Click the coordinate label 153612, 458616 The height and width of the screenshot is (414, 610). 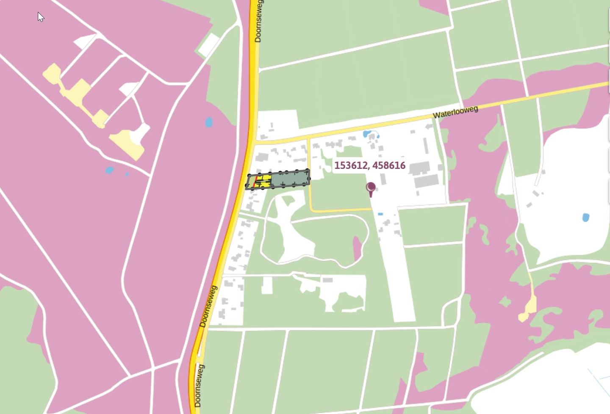click(x=369, y=166)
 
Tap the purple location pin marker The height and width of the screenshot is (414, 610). click(x=371, y=188)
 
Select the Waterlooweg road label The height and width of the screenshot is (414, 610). click(x=455, y=112)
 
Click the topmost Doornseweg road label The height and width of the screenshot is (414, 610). click(x=258, y=21)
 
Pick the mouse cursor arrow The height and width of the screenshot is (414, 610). click(x=40, y=17)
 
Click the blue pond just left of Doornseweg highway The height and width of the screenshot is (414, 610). click(x=208, y=123)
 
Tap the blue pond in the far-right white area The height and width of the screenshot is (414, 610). click(x=585, y=218)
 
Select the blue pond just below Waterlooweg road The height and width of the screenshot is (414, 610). click(x=367, y=134)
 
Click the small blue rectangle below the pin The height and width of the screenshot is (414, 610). click(x=380, y=214)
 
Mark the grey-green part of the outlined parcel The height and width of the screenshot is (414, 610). click(x=290, y=179)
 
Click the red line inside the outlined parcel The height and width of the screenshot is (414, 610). click(x=256, y=182)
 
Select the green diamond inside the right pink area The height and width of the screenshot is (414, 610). click(x=505, y=302)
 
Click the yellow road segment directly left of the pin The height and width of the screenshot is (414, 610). click(x=339, y=210)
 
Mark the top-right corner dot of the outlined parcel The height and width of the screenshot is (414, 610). click(x=308, y=170)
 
